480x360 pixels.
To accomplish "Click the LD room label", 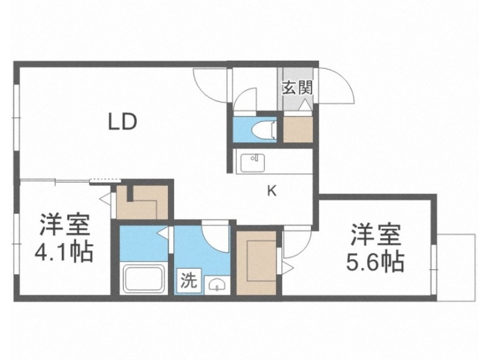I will pyautogui.click(x=123, y=122).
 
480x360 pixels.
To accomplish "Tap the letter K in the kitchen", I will pyautogui.click(x=271, y=191).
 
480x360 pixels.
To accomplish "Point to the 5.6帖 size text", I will pyautogui.click(x=375, y=261).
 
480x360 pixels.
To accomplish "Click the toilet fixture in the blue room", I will pyautogui.click(x=262, y=128).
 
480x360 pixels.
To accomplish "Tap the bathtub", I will pyautogui.click(x=145, y=278).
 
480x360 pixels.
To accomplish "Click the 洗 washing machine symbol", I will pyautogui.click(x=188, y=281).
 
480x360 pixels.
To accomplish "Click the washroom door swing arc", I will pyautogui.click(x=216, y=234).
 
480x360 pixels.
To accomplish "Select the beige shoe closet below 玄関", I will pyautogui.click(x=297, y=128).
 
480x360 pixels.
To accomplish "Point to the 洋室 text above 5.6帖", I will pyautogui.click(x=375, y=233).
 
